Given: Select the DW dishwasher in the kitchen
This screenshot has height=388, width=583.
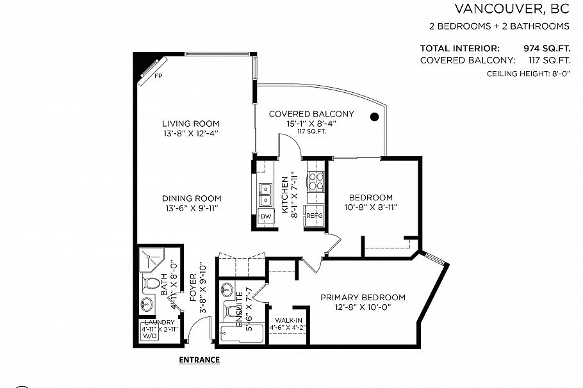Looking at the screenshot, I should click(x=265, y=216).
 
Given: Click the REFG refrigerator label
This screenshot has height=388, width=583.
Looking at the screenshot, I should click(x=314, y=216).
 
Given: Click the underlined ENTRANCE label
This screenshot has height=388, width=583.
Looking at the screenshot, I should click(x=199, y=360).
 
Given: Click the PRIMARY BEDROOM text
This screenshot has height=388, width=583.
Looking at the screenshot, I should click(x=363, y=297).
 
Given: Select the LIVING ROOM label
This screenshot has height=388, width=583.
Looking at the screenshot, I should click(x=190, y=124).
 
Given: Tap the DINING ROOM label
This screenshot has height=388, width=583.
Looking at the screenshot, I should click(x=192, y=198).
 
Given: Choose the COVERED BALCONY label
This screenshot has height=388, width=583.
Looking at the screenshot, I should click(x=311, y=114).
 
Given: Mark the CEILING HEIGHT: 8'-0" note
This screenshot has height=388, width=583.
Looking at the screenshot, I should click(x=528, y=74).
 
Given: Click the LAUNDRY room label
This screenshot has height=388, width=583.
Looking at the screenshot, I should click(x=160, y=322).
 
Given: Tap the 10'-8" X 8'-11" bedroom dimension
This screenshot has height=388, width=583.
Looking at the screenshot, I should click(x=370, y=207).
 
